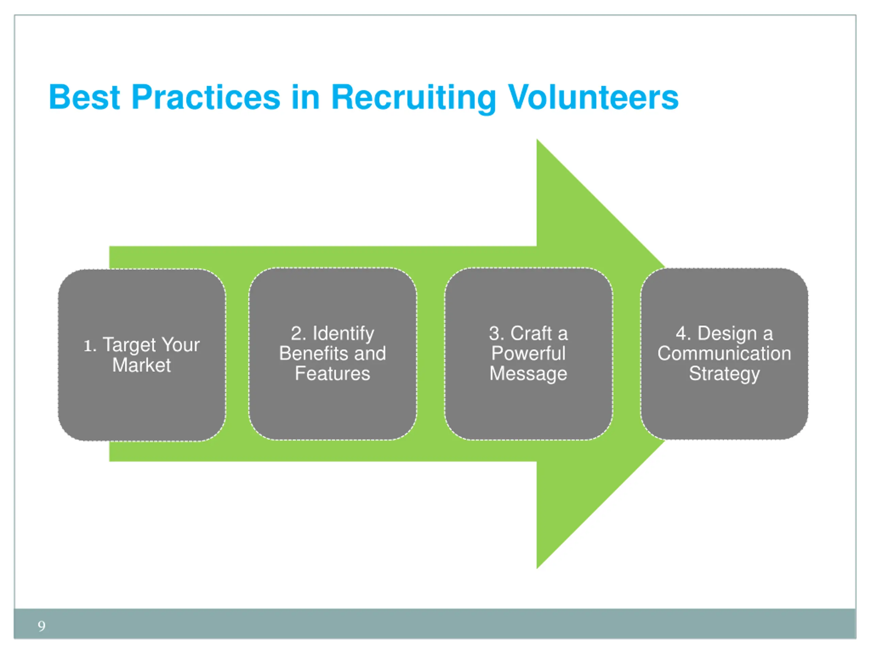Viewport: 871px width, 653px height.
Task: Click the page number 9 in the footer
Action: pos(42,626)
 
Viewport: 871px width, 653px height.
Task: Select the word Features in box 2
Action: pos(332,373)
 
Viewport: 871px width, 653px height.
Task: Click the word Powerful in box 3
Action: pos(528,353)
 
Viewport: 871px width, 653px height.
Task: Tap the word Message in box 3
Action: pos(528,373)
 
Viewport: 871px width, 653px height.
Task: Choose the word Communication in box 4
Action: pos(724,353)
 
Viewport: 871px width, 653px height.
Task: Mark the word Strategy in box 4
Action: pos(724,373)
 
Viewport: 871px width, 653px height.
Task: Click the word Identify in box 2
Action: pos(343,333)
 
